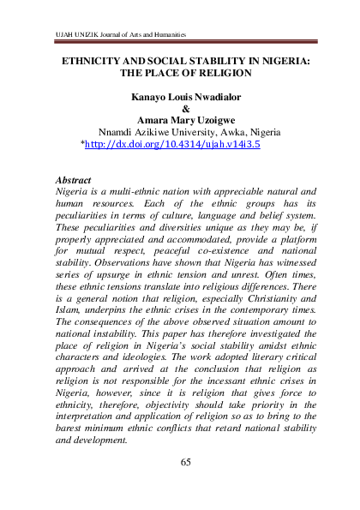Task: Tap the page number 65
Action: click(x=185, y=463)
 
